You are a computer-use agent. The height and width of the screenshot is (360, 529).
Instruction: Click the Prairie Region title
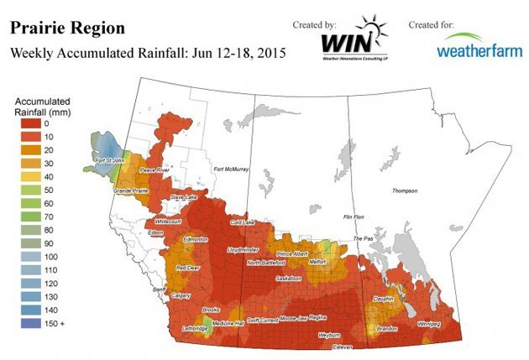coord(67,29)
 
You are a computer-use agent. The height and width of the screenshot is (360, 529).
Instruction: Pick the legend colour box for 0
coord(29,124)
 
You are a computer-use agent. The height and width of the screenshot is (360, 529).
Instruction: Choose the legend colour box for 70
coord(29,217)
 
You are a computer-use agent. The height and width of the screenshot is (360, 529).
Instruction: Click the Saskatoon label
coord(289,277)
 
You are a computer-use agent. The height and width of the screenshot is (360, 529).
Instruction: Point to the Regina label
coord(317,317)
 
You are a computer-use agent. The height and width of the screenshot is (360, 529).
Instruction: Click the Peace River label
coord(154,170)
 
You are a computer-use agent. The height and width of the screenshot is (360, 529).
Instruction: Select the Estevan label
coord(342,347)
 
